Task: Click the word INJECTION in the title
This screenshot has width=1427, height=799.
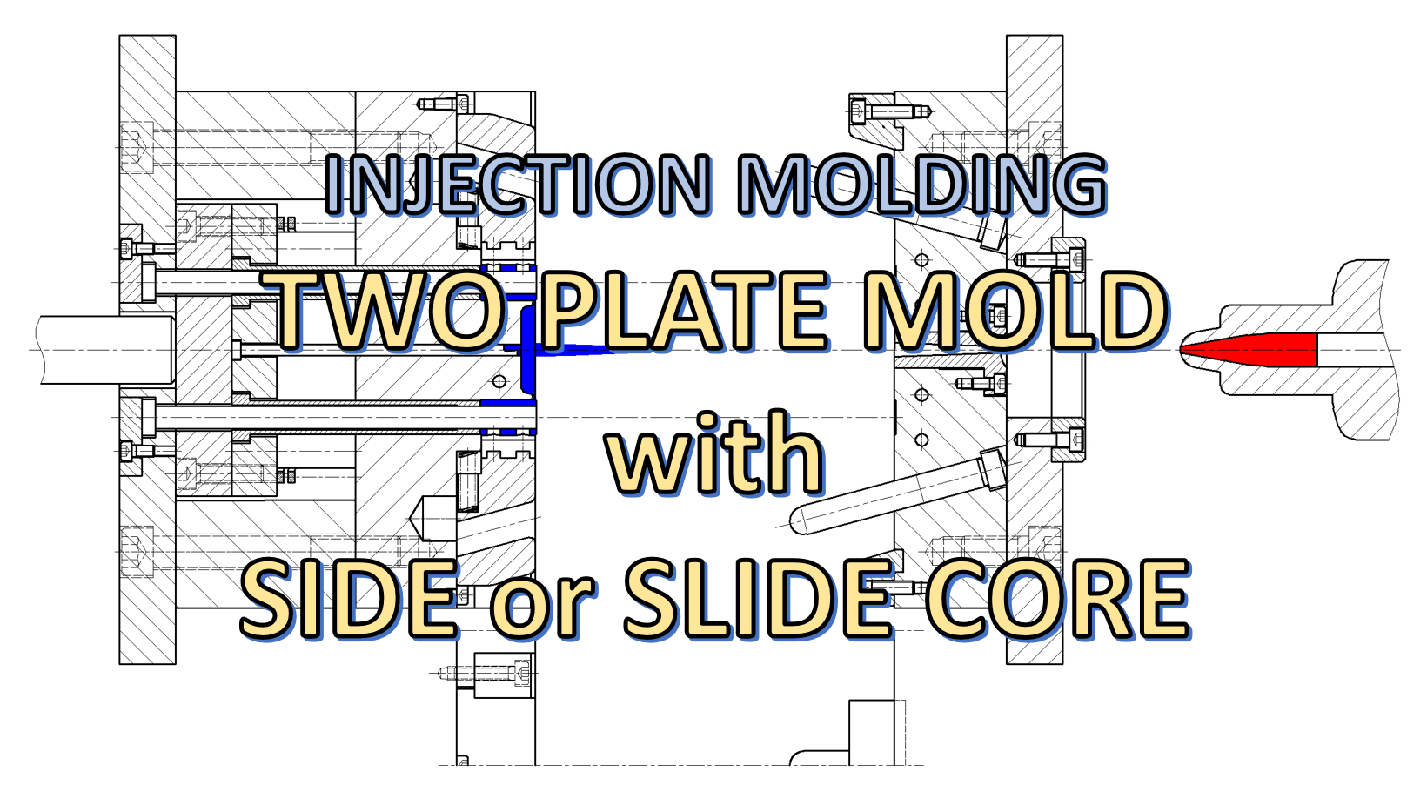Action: tap(519, 185)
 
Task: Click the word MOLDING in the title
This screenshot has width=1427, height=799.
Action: tap(922, 185)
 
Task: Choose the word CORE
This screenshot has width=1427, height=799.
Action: tap(1056, 599)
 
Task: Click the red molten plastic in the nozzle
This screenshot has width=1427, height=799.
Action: tap(1253, 350)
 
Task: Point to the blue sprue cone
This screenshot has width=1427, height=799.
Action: tap(574, 351)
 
